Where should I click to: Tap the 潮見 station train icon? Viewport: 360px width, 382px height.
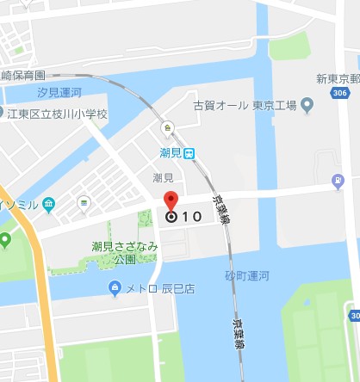click(189, 152)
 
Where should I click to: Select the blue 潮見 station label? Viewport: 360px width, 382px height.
click(171, 152)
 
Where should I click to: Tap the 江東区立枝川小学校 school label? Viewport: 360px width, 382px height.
click(62, 113)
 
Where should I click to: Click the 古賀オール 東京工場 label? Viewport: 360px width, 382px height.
click(245, 106)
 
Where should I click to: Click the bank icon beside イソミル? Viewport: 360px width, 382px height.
click(48, 203)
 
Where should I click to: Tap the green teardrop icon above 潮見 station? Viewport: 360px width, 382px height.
click(169, 127)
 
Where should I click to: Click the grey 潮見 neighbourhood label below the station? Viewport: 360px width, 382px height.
click(164, 177)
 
